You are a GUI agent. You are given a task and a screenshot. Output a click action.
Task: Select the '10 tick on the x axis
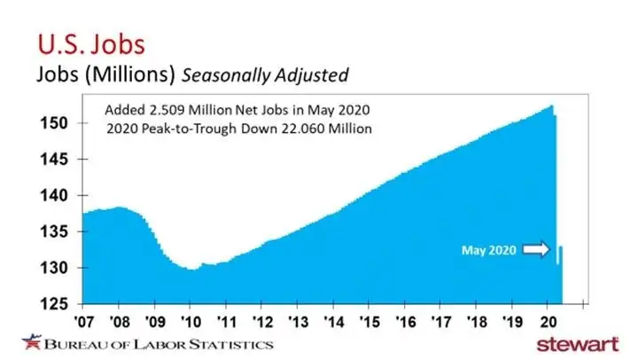(190, 320)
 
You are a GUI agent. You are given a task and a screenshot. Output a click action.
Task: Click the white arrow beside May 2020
(534, 251)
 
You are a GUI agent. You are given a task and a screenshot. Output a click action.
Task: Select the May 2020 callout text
(488, 251)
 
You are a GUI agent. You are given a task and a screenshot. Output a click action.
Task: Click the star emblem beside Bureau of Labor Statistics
(32, 341)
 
